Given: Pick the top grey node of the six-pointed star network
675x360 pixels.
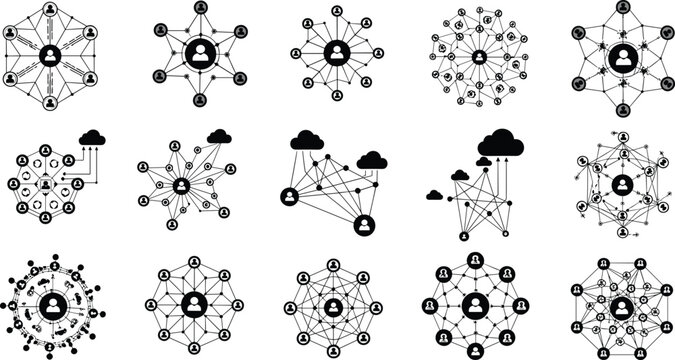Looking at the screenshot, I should (x=199, y=9).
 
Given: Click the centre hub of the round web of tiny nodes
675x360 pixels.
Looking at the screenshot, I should (x=479, y=56).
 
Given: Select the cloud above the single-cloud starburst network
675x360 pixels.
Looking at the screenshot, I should (x=218, y=135).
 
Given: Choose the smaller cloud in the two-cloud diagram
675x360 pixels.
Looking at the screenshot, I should (x=372, y=159).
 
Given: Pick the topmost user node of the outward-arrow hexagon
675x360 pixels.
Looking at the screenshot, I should (x=622, y=139).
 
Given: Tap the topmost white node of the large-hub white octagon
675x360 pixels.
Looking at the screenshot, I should (x=193, y=263).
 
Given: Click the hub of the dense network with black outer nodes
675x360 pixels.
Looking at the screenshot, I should (x=622, y=305).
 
